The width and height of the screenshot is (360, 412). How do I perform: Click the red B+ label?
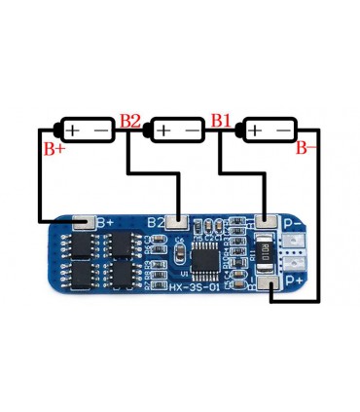53,149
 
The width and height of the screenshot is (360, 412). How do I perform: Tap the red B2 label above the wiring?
130,122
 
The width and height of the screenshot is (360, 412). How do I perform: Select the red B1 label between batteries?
222,122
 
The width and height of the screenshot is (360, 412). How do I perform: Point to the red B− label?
306,149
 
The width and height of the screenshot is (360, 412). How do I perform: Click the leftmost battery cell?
90,130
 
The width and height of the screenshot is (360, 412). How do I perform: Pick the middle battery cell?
177,130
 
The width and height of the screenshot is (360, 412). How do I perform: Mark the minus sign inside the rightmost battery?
282,130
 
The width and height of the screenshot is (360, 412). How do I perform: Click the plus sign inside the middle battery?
163,130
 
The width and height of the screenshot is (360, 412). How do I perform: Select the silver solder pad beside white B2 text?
176,223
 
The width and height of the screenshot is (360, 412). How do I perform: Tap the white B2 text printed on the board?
156,223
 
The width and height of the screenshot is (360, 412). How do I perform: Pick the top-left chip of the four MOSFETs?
79,243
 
